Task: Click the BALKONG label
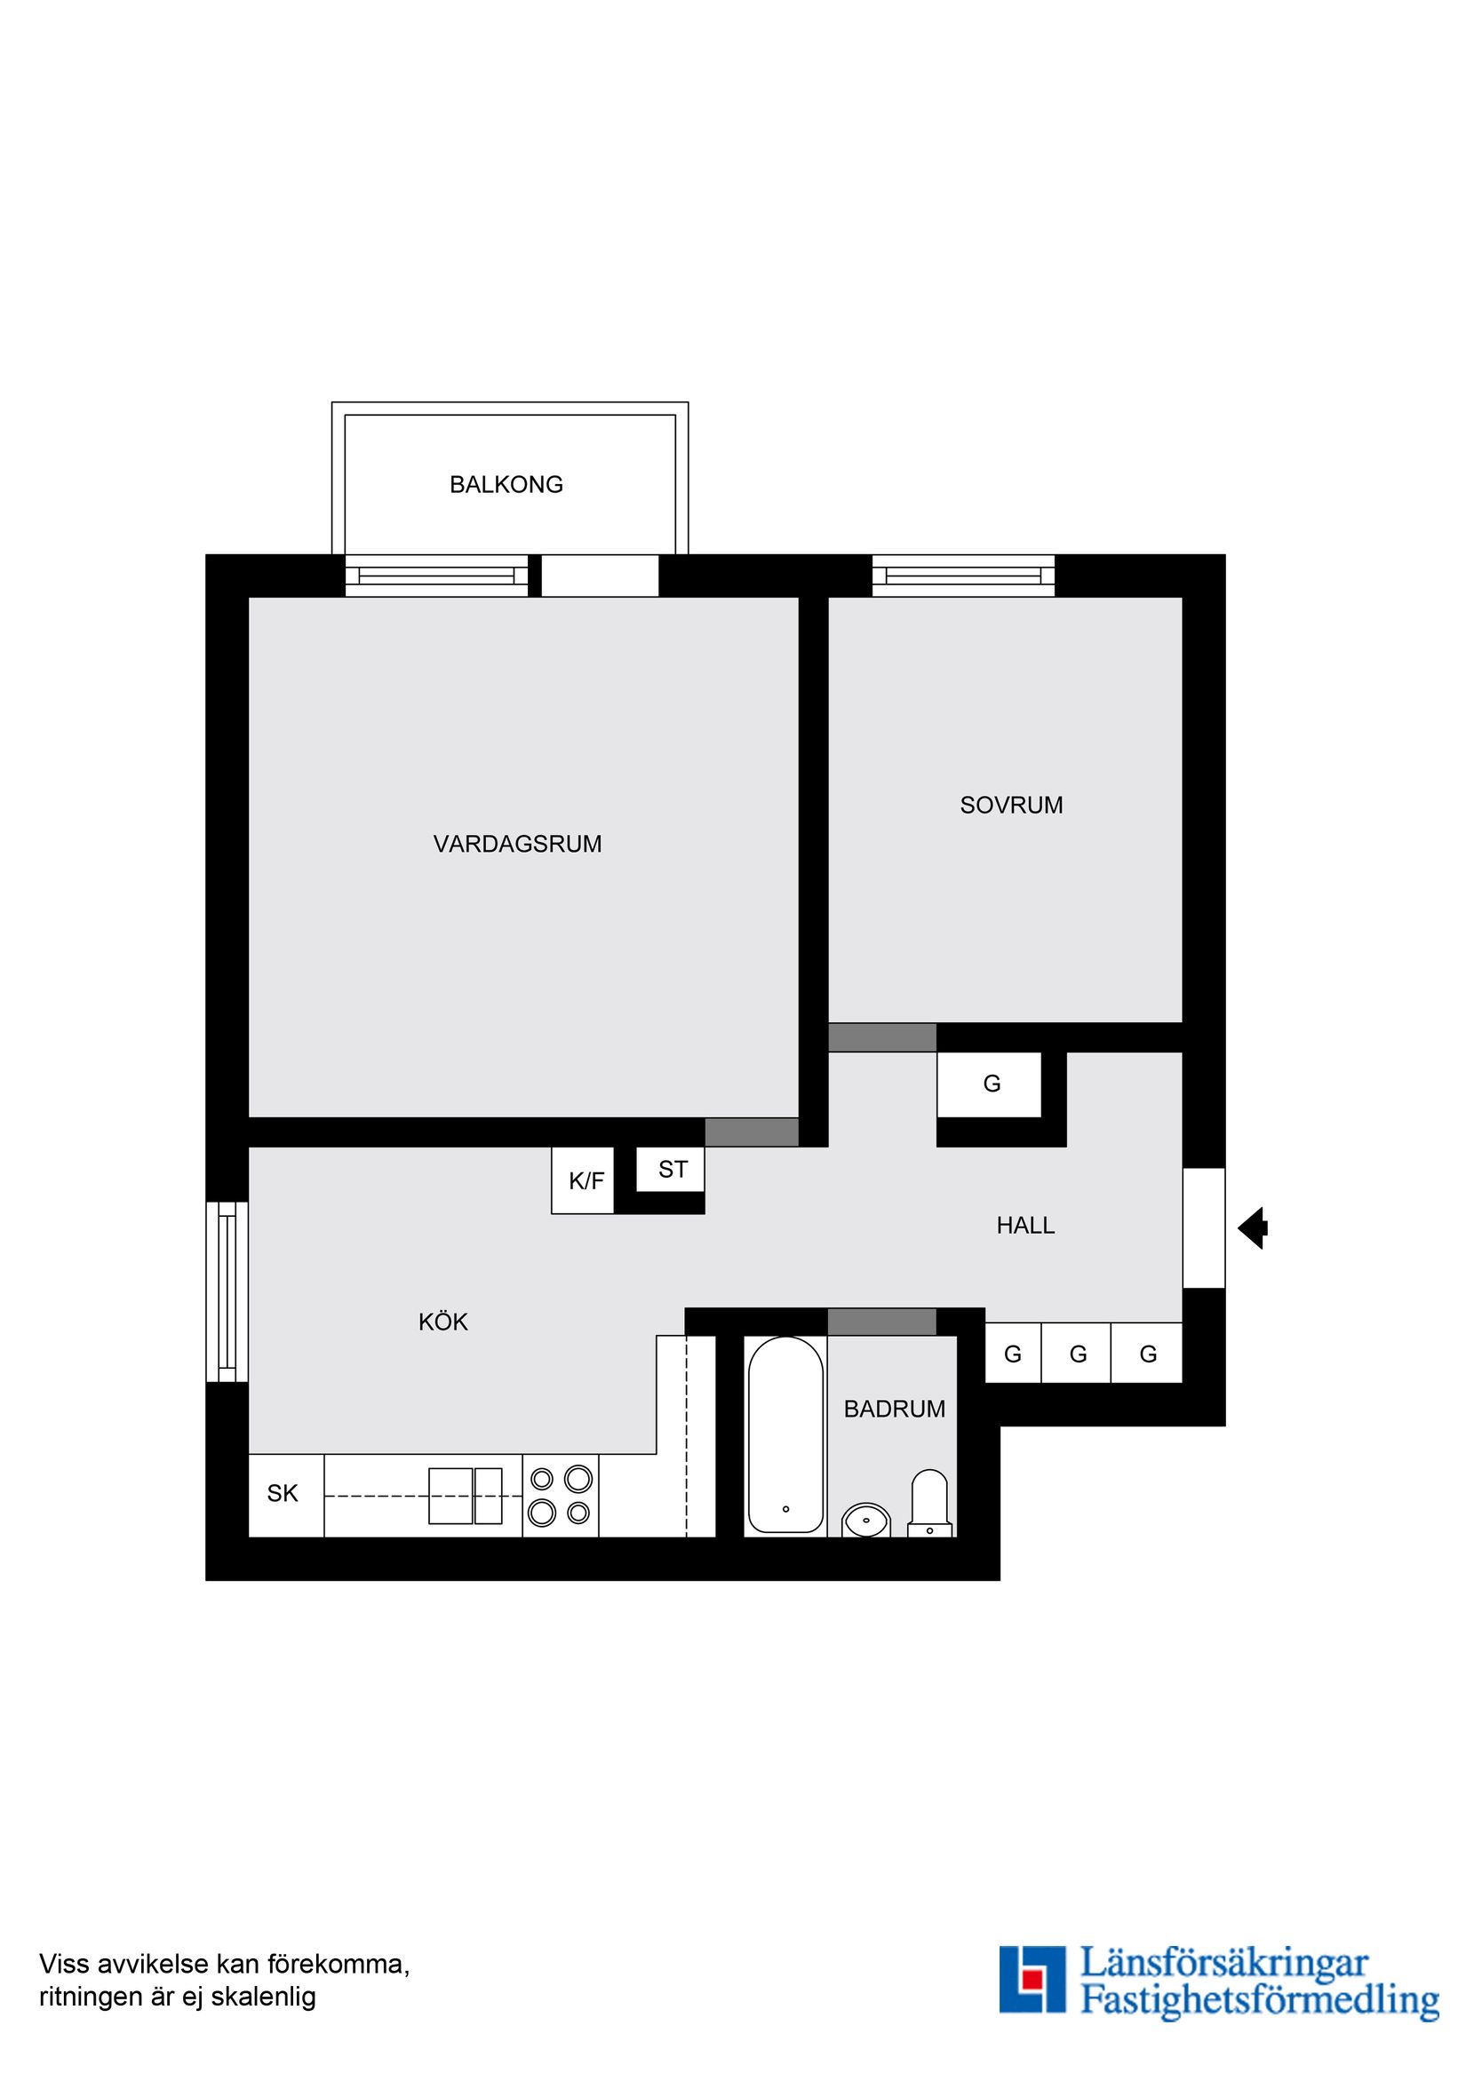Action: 506,485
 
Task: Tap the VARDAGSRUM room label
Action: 517,844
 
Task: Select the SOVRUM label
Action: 1011,806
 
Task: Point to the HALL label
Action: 1025,1226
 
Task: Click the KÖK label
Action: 442,1322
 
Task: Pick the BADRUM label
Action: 893,1410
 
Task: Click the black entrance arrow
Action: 1252,1228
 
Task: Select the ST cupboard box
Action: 671,1170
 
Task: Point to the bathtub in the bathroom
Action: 785,1434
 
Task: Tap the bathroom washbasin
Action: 865,1520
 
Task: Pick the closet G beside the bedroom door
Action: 990,1084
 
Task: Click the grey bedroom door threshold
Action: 881,1037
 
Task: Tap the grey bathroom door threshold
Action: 881,1321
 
